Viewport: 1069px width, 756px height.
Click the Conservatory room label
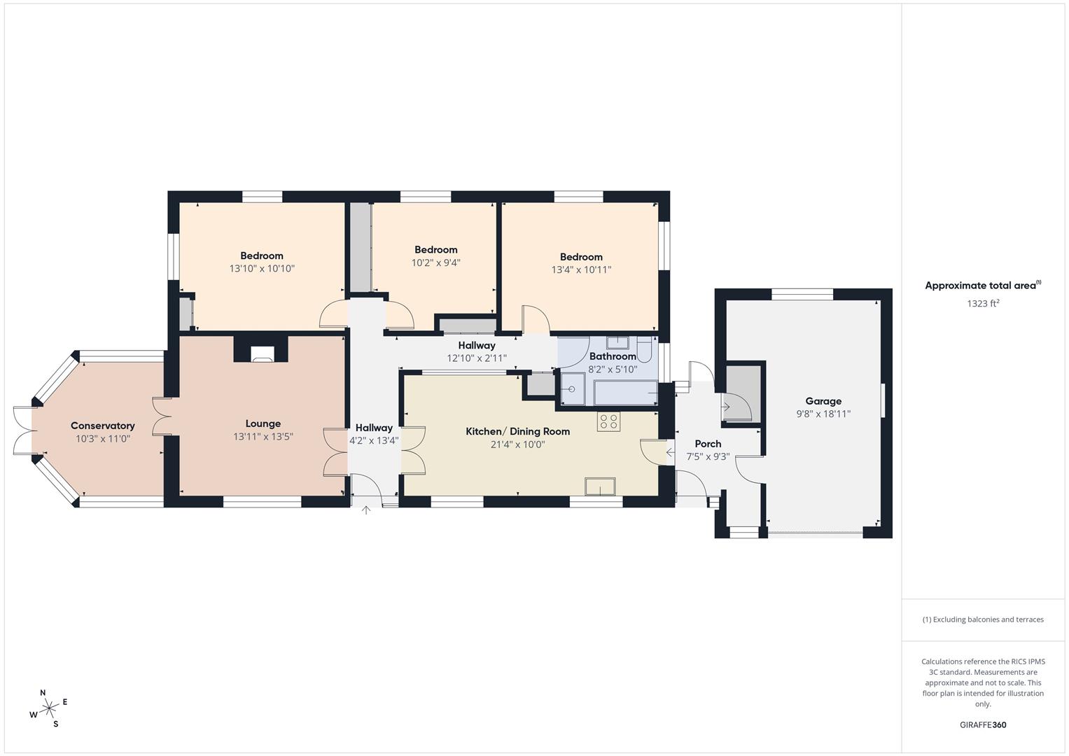(x=102, y=426)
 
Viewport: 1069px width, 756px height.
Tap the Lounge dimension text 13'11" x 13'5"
(x=263, y=437)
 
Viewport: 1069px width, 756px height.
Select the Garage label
(x=823, y=401)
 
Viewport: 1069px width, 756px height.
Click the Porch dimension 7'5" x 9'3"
(x=708, y=456)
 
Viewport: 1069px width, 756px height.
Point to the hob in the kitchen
(x=608, y=421)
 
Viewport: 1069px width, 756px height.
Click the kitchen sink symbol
(x=601, y=486)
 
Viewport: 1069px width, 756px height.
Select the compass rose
(x=49, y=708)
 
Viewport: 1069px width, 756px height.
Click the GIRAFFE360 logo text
(x=982, y=725)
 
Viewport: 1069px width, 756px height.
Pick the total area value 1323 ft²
(x=982, y=304)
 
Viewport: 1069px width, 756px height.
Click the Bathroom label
(x=613, y=356)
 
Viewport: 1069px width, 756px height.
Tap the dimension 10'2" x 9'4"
(x=435, y=263)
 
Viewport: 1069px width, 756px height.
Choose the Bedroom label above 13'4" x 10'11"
(x=581, y=257)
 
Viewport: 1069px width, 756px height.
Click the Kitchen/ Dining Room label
(x=517, y=431)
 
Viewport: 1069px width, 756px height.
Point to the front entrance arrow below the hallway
(x=365, y=510)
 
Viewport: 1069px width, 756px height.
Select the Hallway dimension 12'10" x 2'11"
(x=476, y=358)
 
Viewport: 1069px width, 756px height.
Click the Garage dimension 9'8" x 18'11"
(x=823, y=414)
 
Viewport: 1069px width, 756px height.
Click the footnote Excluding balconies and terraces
(x=982, y=619)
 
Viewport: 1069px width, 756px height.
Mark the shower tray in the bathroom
(x=573, y=389)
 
